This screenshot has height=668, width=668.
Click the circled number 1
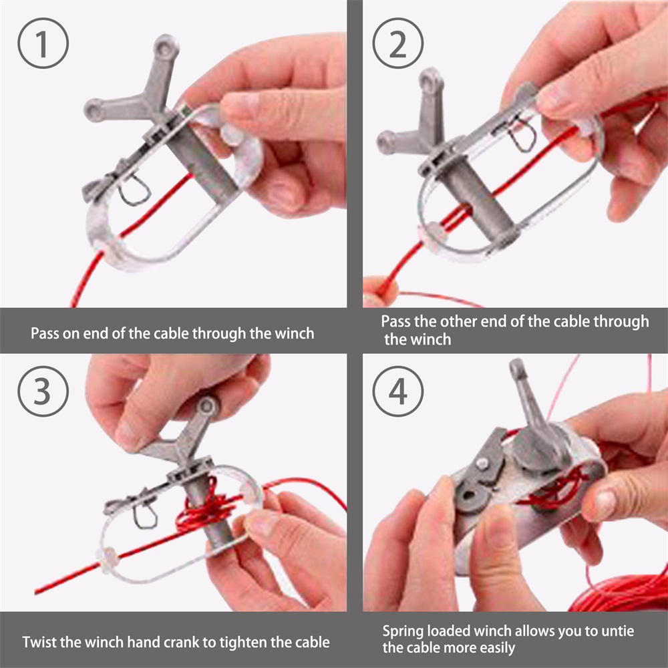coord(43,43)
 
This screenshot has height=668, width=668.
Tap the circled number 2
coord(398,43)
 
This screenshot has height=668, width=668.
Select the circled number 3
coord(43,391)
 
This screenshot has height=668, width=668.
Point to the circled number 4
coord(398,391)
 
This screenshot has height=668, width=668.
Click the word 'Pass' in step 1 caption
coord(45,333)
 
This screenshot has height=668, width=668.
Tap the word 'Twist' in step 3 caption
coord(39,642)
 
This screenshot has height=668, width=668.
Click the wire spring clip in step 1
coord(134,190)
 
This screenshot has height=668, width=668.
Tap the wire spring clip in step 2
coord(522,134)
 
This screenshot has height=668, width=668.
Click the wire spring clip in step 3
coord(145,514)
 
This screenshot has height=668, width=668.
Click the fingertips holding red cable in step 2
coord(379,292)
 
